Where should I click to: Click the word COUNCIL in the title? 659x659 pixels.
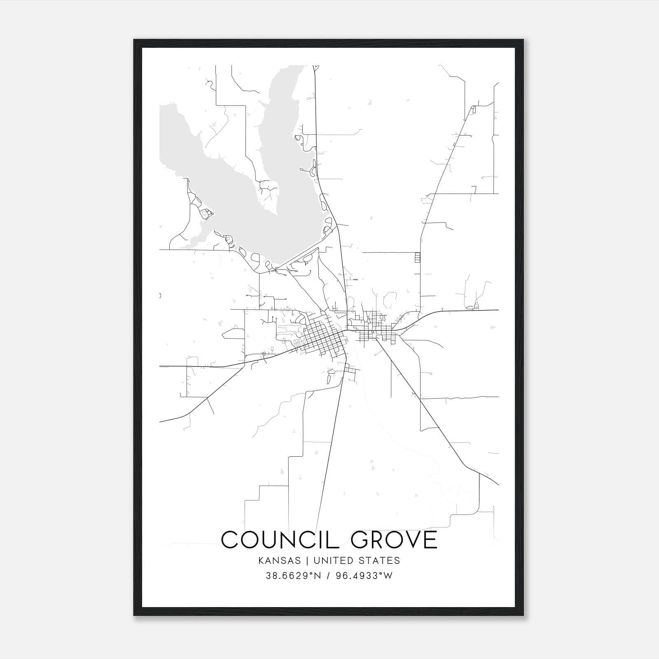(x=279, y=540)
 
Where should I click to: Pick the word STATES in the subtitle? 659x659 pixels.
(x=379, y=561)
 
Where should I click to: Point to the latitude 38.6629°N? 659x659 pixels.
(x=293, y=576)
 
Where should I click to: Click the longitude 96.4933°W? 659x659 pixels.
(x=365, y=576)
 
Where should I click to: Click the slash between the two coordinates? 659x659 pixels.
(x=328, y=576)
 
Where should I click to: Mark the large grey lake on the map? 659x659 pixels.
(x=231, y=173)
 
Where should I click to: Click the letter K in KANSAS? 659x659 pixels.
(x=261, y=561)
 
